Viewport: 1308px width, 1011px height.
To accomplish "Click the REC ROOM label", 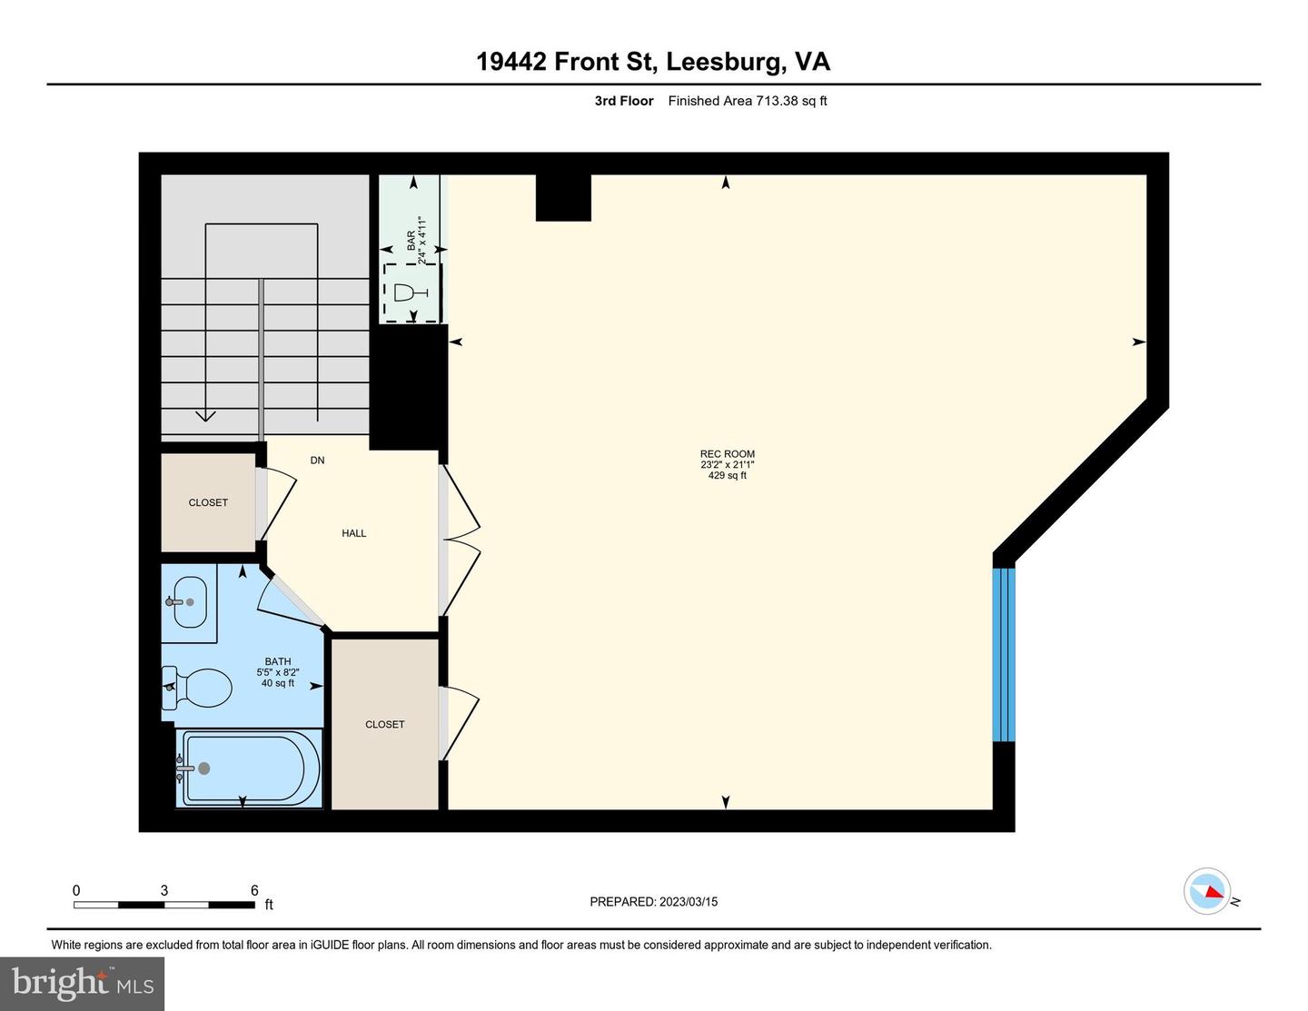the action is coord(728,454).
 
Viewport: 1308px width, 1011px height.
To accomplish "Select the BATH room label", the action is coord(277,662).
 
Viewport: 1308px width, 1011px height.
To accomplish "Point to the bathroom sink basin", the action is coord(190,601).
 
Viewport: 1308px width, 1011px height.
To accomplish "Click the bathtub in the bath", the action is coord(249,768).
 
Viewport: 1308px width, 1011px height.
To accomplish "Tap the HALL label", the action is coord(354,533).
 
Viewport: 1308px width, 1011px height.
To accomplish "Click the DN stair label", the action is coord(317,461).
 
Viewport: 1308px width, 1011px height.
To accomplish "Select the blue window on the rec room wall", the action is coord(1004,655).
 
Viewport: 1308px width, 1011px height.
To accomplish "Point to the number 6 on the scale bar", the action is coord(254,890).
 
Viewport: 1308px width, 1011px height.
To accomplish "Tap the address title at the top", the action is coord(653,62).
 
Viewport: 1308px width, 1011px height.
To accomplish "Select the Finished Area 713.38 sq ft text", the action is coord(748,101).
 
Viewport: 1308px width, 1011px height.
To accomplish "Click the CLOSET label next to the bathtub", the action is coord(384,725).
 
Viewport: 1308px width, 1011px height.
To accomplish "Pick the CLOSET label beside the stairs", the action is coord(208,502).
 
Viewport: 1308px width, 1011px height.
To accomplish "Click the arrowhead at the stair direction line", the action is coord(206,416).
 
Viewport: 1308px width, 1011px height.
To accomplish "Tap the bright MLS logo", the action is coord(83,984).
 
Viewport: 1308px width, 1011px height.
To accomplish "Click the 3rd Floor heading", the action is coord(624,101).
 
